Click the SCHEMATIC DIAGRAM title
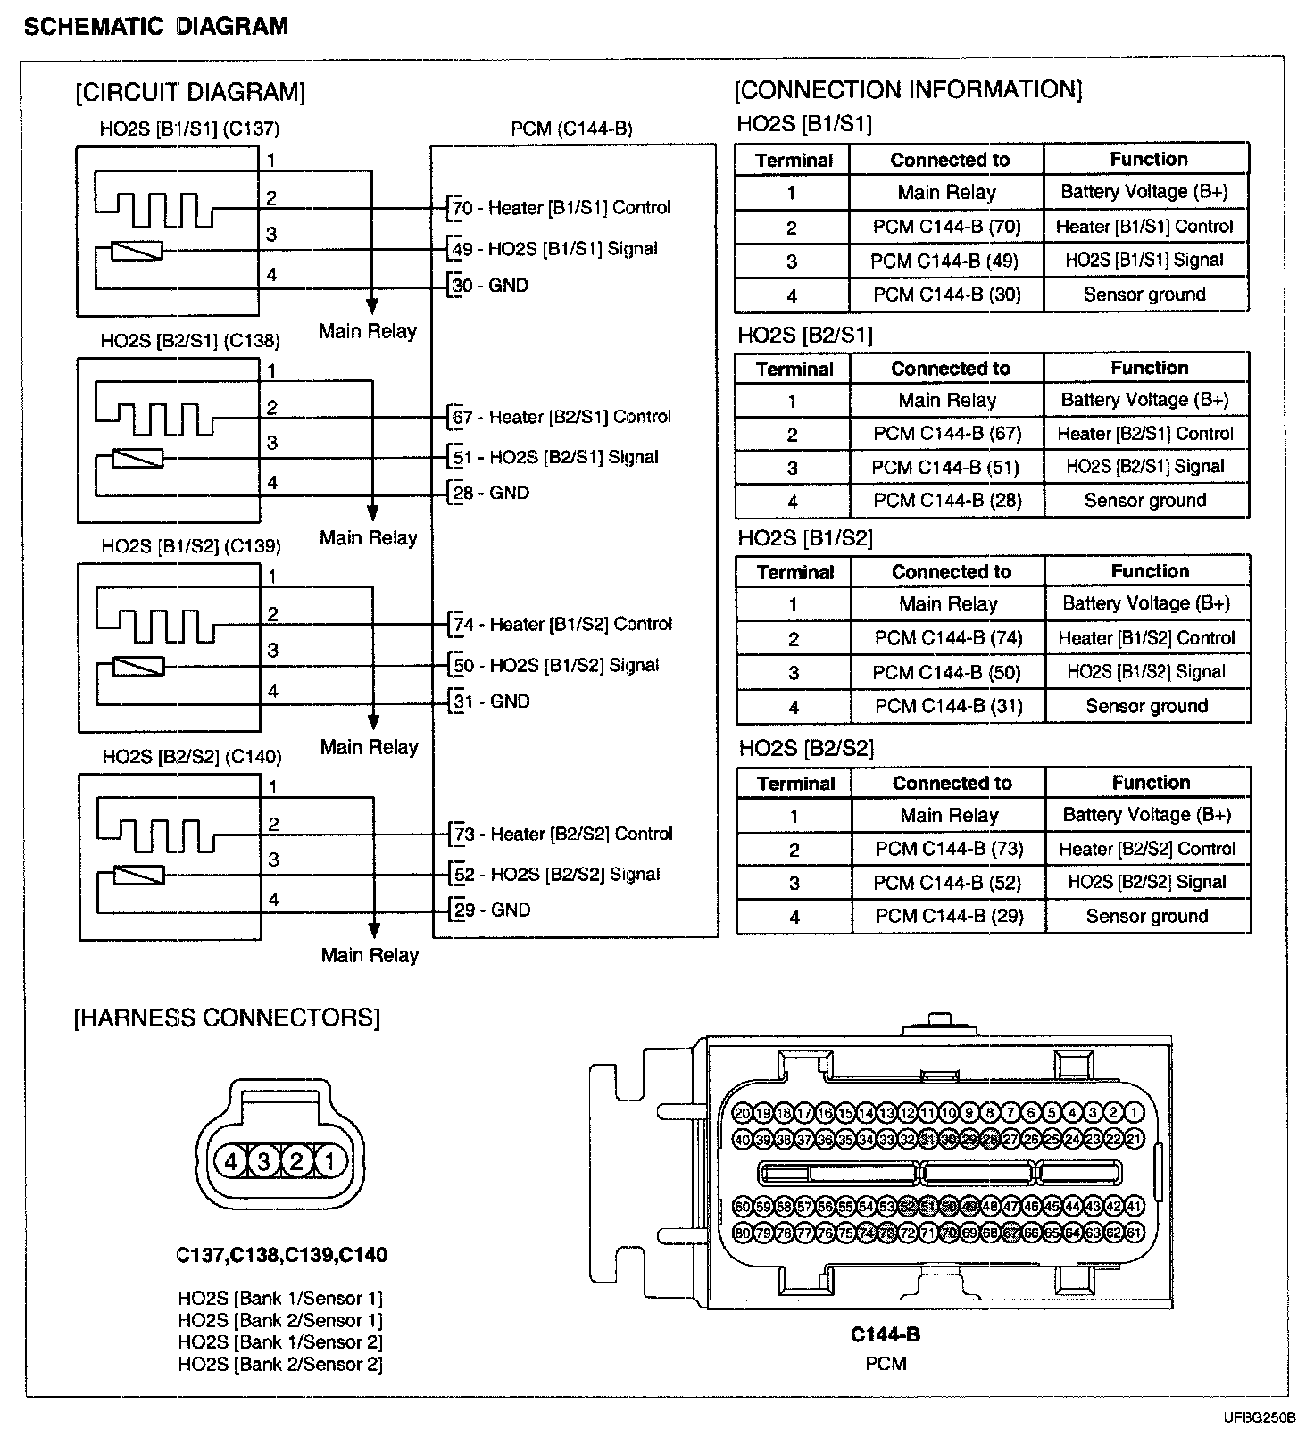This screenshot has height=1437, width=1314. coord(156,26)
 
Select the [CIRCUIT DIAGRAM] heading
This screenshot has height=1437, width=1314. coord(190,92)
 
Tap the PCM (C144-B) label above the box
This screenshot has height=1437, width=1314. coord(571,129)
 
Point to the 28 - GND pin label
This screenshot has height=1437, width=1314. coord(492,493)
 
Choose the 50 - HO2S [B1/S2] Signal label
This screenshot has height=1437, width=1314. coord(558,666)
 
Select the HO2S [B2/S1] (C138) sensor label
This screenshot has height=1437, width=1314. coord(190,340)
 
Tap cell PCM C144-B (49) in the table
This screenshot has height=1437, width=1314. coord(945,261)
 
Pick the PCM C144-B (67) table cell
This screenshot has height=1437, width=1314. coord(947,434)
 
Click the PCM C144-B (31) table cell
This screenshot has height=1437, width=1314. coord(948,706)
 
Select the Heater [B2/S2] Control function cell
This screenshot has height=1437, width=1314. coord(1147,849)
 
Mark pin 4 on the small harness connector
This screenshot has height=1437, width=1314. coord(231,1161)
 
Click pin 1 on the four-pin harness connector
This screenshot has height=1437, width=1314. coord(329,1161)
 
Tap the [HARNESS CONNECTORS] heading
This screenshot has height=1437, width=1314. coord(227,1018)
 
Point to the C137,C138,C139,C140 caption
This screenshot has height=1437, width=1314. coord(282,1255)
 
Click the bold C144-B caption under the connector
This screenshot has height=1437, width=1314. coord(885,1334)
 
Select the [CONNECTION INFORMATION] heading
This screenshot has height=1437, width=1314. coord(908,90)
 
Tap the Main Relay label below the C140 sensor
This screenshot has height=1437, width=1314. coord(370,955)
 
